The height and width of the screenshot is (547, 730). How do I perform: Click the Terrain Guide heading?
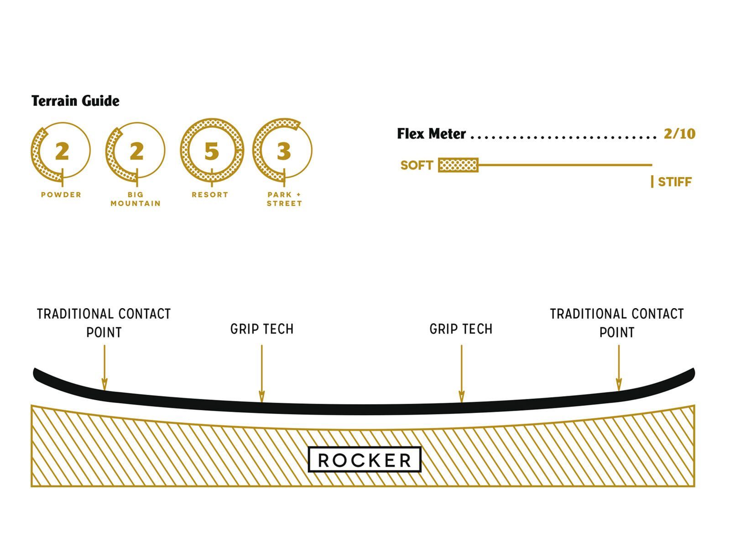click(75, 101)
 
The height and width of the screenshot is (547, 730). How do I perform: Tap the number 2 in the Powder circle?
click(62, 151)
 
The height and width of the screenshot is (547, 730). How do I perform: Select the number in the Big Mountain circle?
click(136, 151)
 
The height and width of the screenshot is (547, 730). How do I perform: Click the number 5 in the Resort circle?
click(211, 151)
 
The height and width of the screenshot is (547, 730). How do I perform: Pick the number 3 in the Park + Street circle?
click(284, 151)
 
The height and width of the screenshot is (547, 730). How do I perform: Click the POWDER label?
click(61, 195)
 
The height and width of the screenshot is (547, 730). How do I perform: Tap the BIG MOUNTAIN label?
click(136, 199)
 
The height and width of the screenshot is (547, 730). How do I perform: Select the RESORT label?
click(210, 195)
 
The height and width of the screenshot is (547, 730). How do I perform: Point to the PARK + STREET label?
click(284, 199)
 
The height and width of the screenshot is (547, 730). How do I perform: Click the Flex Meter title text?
click(431, 134)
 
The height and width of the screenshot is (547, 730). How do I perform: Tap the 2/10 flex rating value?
click(679, 134)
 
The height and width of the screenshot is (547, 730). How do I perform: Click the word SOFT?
click(417, 165)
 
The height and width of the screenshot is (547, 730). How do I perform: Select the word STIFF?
click(675, 182)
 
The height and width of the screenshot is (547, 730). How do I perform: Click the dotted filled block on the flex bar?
click(458, 165)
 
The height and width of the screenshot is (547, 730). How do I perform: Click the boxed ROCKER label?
click(365, 460)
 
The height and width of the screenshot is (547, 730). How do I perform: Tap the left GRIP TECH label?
click(262, 329)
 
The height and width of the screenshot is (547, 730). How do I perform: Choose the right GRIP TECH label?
click(461, 329)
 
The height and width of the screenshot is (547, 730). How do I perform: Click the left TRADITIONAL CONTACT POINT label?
click(104, 323)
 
